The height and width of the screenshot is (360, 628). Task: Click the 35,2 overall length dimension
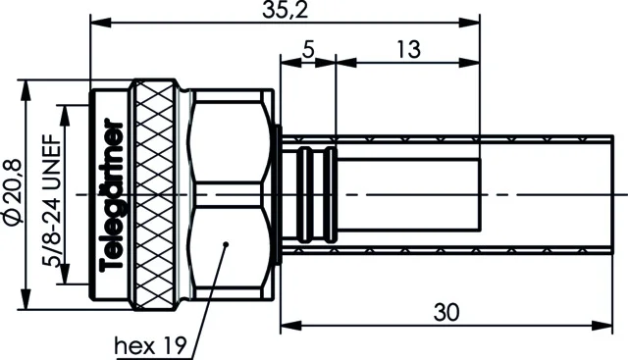tap(286, 10)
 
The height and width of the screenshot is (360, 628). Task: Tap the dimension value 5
tap(308, 49)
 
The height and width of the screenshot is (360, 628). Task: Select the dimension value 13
tap(408, 50)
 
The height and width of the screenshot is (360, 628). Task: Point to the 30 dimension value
tap(446, 312)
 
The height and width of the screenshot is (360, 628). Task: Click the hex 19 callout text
tap(150, 345)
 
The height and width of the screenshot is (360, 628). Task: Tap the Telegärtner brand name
tap(112, 194)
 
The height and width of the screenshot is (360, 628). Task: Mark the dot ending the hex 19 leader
tap(226, 244)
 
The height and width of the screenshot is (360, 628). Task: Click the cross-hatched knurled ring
tap(155, 194)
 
